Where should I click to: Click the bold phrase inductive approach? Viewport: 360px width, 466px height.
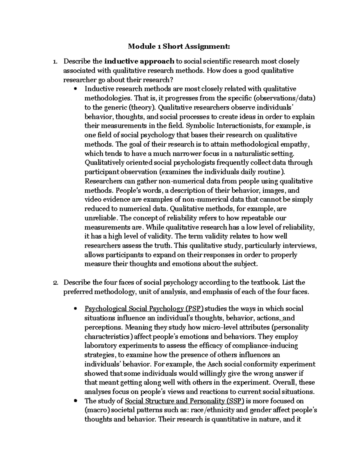click(x=139, y=62)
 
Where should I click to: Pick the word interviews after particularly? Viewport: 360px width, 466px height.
click(x=301, y=246)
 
